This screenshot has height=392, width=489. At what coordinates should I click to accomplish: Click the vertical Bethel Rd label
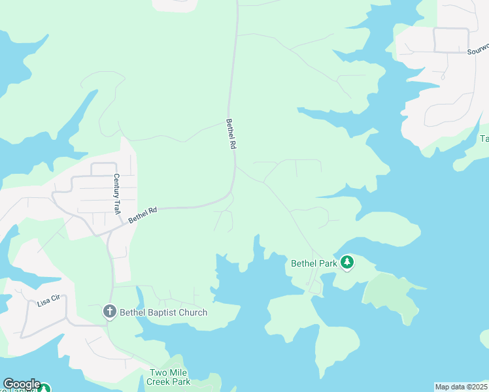pos(230,135)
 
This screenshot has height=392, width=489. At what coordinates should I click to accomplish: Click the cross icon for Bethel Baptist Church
pos(110,312)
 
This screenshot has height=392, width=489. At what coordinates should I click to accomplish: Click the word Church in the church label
pos(194,312)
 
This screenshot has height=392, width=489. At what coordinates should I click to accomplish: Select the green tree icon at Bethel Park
pos(347,263)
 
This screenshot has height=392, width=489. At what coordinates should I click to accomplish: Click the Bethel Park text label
pos(314,263)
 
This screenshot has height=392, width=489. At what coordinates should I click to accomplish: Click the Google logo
pos(21,384)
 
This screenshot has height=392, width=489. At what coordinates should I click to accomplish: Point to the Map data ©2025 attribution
pos(462,387)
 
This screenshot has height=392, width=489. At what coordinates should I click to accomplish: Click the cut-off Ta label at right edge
pos(484,139)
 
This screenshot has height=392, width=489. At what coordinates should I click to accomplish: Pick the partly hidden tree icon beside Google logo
pos(44,389)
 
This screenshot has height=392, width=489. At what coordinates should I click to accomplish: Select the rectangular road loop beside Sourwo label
pos(450,41)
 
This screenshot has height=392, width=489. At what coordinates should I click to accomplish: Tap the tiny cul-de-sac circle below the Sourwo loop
pos(443,77)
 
